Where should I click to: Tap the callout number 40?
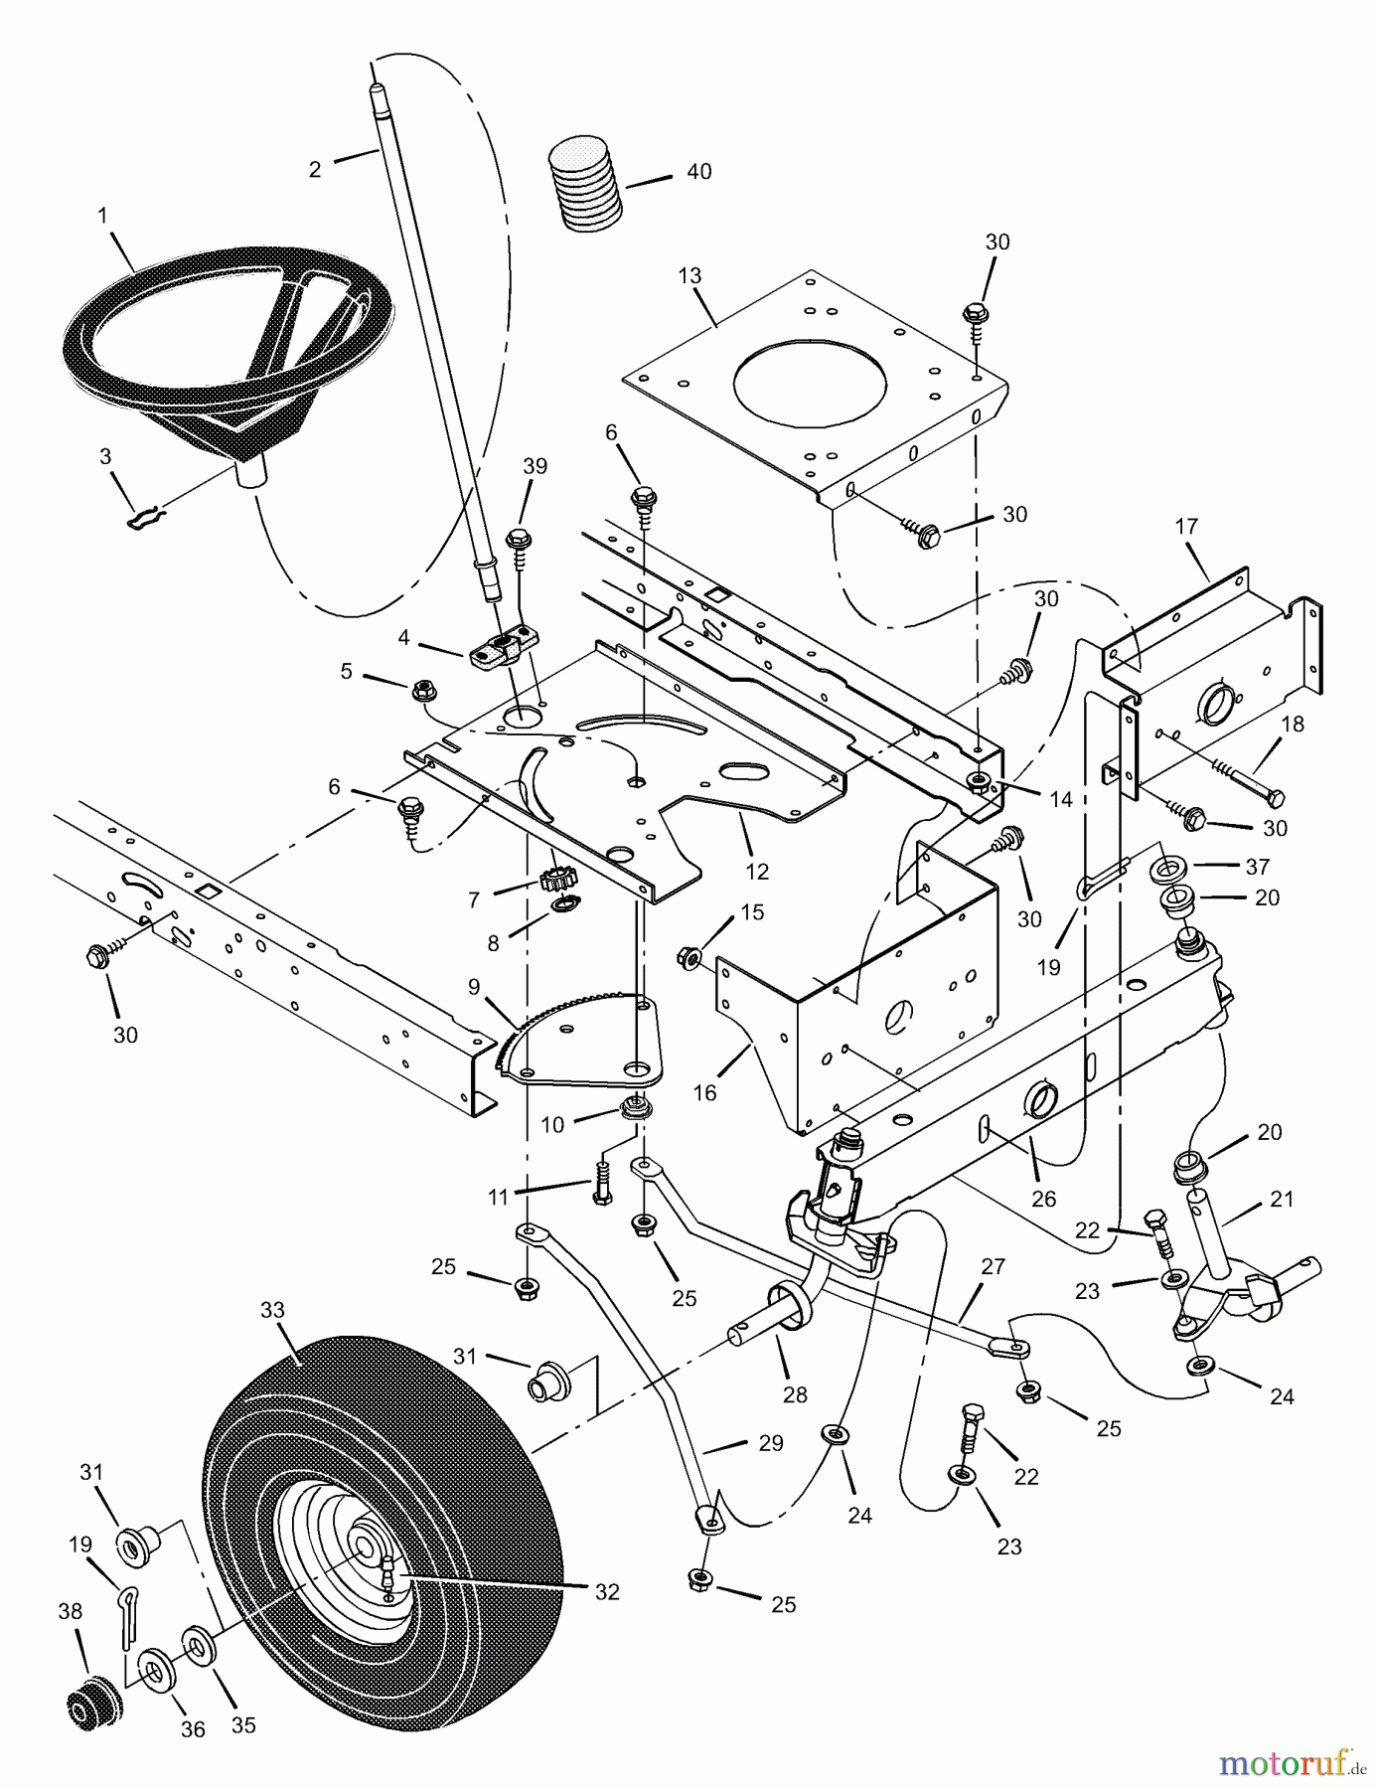[698, 172]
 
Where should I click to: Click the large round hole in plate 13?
[809, 389]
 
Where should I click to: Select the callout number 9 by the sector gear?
[474, 987]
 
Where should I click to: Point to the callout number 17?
[1187, 526]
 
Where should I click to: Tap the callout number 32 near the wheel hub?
[607, 1591]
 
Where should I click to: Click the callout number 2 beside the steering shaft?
[315, 169]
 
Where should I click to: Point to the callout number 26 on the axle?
[1043, 1199]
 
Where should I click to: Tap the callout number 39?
[536, 466]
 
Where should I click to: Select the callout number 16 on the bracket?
[704, 1093]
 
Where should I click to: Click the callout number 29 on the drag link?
[770, 1442]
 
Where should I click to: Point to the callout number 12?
[757, 872]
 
